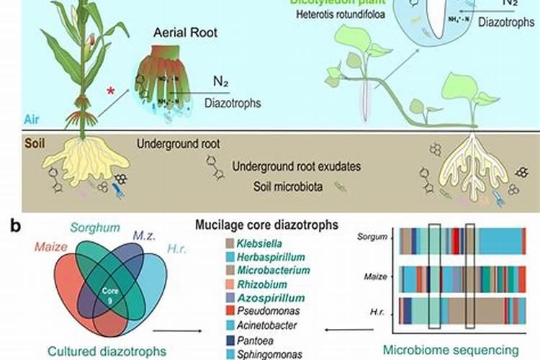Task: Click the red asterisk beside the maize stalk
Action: (x=110, y=91)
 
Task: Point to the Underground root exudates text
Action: (x=297, y=167)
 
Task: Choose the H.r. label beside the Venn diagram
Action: (x=178, y=249)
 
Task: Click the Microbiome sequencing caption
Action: (x=462, y=350)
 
